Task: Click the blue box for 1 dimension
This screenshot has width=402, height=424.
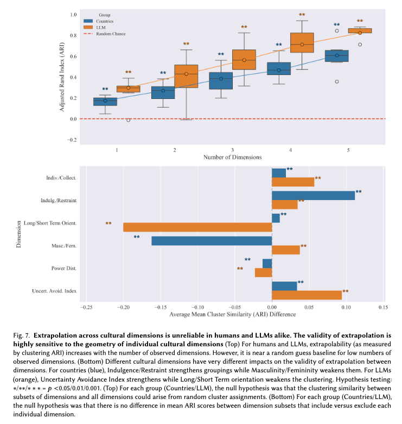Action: pyautogui.click(x=105, y=101)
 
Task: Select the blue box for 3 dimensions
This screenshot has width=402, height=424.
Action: pyautogui.click(x=221, y=80)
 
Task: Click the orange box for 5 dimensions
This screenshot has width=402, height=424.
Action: pyautogui.click(x=360, y=31)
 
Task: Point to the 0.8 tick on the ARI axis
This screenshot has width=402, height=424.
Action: pyautogui.click(x=74, y=35)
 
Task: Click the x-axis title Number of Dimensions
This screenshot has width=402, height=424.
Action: pyautogui.click(x=232, y=157)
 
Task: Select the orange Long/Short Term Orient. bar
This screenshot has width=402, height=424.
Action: pyautogui.click(x=197, y=227)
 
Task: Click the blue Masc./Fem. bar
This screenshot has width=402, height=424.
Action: pyautogui.click(x=211, y=241)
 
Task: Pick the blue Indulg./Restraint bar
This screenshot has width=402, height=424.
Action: pyautogui.click(x=313, y=196)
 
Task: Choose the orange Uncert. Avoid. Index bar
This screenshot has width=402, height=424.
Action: pyautogui.click(x=307, y=295)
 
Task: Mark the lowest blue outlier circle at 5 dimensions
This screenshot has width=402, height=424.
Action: pyautogui.click(x=337, y=82)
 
